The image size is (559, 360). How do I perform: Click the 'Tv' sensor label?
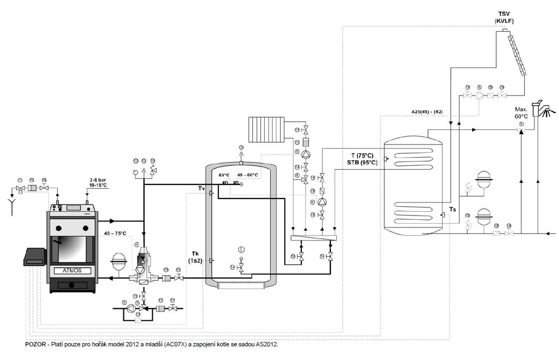201,189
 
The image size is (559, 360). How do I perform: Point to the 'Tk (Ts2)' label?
195,257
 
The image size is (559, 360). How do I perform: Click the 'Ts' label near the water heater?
452,209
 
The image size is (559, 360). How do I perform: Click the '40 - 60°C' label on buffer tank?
247,175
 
